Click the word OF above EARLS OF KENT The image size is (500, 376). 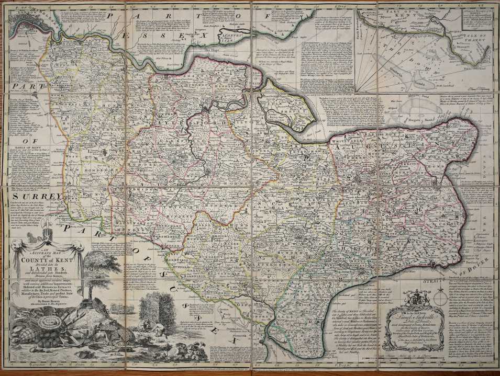click(24, 141)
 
